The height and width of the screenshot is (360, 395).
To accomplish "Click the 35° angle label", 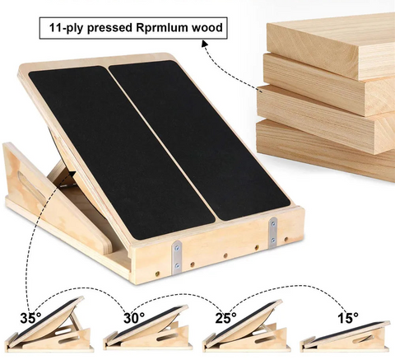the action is point(30,318).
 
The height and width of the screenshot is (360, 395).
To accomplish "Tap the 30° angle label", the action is point(134,318).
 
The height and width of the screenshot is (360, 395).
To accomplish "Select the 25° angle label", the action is point(225,318).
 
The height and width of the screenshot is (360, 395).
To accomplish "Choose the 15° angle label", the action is point(348,318).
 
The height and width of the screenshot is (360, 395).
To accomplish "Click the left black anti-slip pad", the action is point(121,151).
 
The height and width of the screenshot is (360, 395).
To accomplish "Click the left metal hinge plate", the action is point(177,258).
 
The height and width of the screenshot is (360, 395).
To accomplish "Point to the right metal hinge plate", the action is point(273,232).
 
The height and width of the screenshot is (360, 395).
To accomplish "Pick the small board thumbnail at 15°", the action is point(346,337).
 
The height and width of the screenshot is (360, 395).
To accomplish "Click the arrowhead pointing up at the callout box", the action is point(205,43).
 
